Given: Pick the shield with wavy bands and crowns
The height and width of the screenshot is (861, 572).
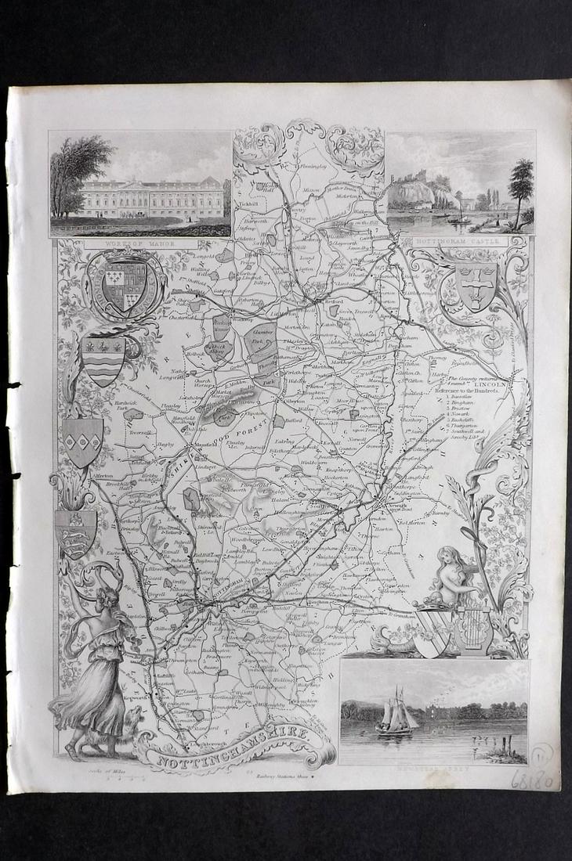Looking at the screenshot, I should tap(103, 358).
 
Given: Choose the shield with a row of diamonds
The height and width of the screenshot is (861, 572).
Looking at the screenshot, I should tap(83, 441).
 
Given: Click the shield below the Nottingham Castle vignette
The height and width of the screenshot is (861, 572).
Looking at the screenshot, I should tap(475, 285).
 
